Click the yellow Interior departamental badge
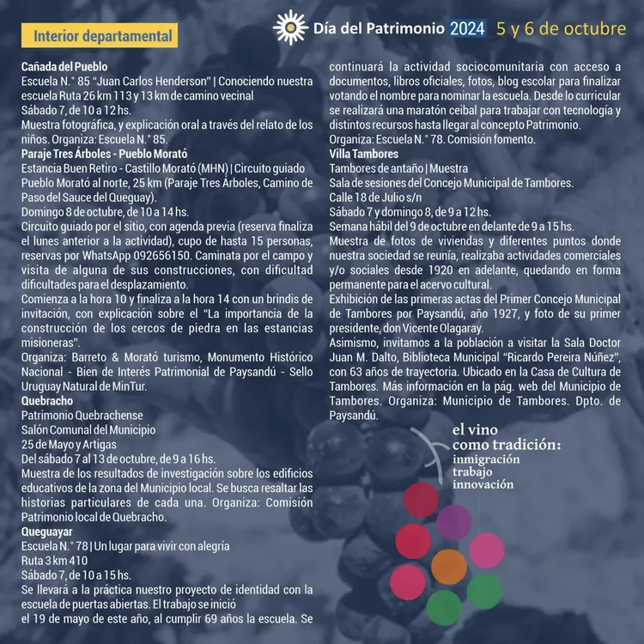[x=100, y=37]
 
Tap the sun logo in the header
[x=290, y=28]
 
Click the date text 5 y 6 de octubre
[x=561, y=28]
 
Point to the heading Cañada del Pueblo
[x=64, y=66]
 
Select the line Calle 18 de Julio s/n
[x=374, y=197]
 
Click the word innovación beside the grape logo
[x=483, y=484]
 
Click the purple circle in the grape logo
[x=454, y=523]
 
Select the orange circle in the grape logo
[x=449, y=566]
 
